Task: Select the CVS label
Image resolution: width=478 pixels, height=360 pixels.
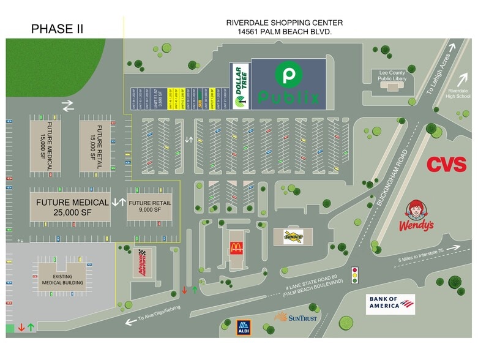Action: point(446,164)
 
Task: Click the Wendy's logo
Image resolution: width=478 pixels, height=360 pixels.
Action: point(417,216)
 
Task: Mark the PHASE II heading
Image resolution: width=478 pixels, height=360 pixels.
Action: point(57,29)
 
